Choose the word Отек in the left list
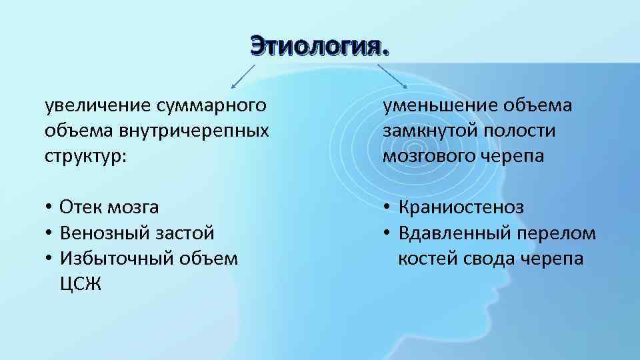(x=81, y=207)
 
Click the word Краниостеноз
(x=461, y=207)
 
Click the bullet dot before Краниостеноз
(x=387, y=208)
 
